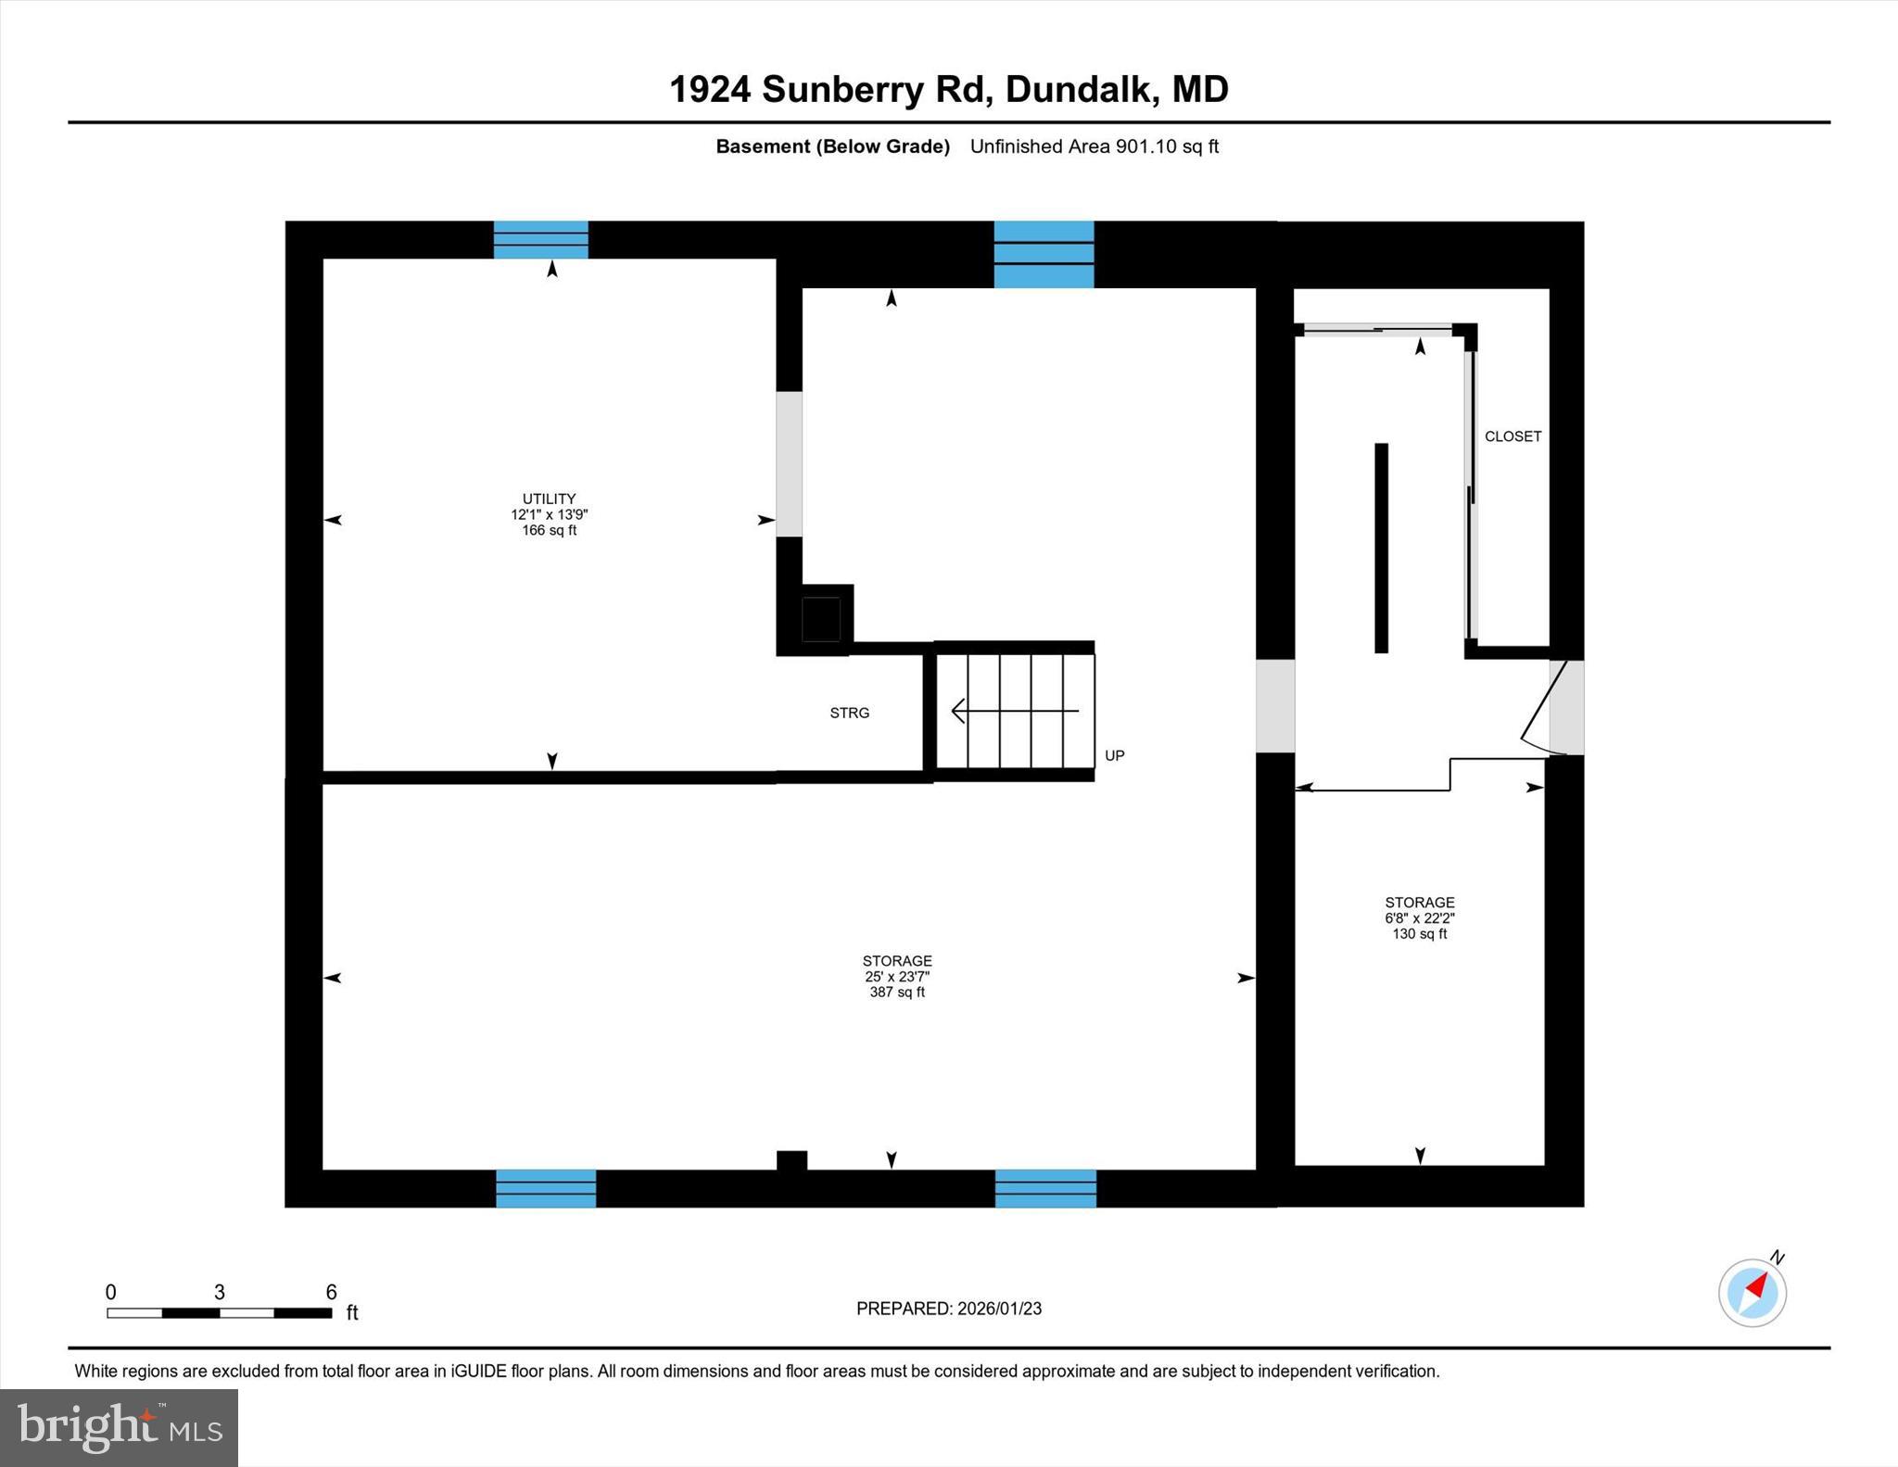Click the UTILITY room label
pyautogui.click(x=549, y=499)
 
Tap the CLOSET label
pyautogui.click(x=1512, y=436)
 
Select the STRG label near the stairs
pyautogui.click(x=849, y=713)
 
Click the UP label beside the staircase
pyautogui.click(x=1114, y=755)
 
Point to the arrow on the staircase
pyautogui.click(x=1014, y=711)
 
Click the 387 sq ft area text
pyautogui.click(x=896, y=993)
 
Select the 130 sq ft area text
pyautogui.click(x=1419, y=934)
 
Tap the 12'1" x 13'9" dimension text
pyautogui.click(x=549, y=514)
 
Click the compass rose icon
pyautogui.click(x=1752, y=1292)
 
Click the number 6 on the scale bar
pyautogui.click(x=331, y=1292)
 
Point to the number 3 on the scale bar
pyautogui.click(x=220, y=1292)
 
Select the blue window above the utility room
pyautogui.click(x=540, y=239)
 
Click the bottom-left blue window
pyautogui.click(x=546, y=1188)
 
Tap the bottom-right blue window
pyautogui.click(x=1045, y=1188)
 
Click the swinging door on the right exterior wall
pyautogui.click(x=1546, y=706)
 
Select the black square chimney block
pyautogui.click(x=820, y=619)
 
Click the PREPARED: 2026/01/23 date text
pyautogui.click(x=948, y=1309)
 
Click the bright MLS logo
pyautogui.click(x=119, y=1427)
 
